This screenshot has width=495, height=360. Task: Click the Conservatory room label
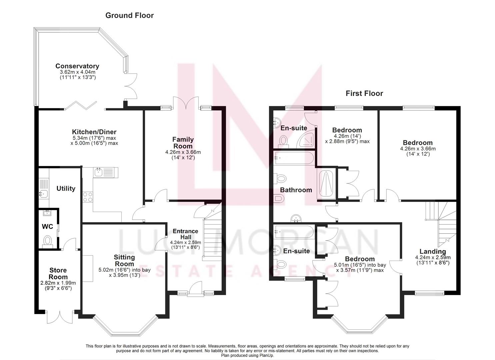tap(77, 66)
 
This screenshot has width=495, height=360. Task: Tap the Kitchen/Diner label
tap(94, 132)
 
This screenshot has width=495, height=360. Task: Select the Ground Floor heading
tap(129, 15)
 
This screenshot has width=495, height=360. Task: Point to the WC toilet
tap(48, 241)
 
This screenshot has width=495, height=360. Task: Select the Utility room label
tap(66, 188)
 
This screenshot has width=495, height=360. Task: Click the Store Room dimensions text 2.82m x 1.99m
tap(58, 283)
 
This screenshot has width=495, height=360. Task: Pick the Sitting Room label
tap(124, 260)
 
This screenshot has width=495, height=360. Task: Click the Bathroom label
tap(296, 190)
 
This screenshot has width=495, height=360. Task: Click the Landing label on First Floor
tap(432, 251)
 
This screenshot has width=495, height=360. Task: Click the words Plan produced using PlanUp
tap(247, 355)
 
